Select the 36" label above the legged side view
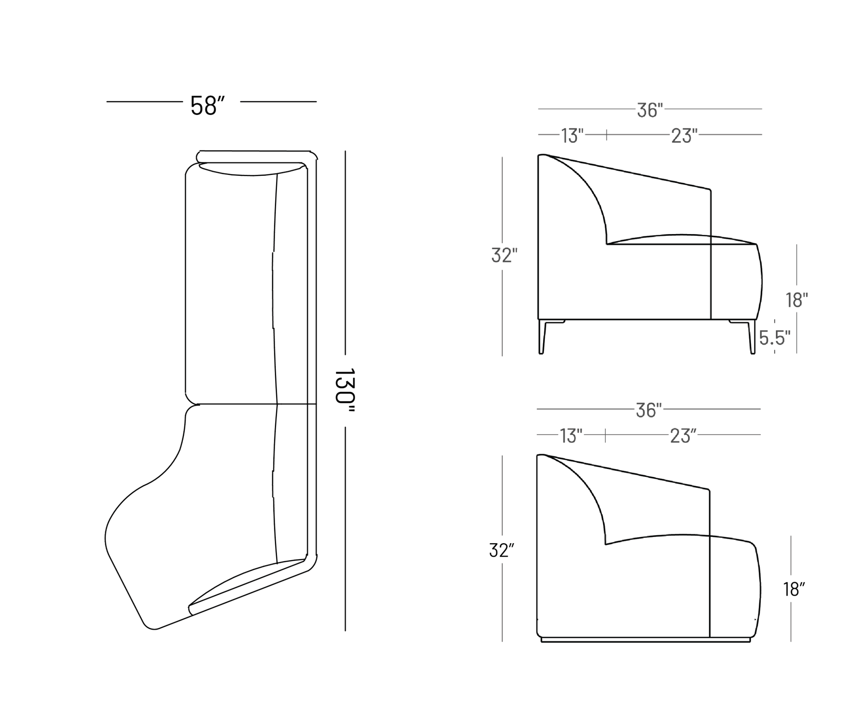(650, 110)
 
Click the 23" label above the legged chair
(684, 136)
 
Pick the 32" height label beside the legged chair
(504, 256)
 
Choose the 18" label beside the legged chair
(796, 300)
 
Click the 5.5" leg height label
(775, 338)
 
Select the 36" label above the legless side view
(648, 411)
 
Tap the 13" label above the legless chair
(571, 436)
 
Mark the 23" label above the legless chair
(683, 436)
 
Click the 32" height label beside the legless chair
(501, 551)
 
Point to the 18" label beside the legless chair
(794, 590)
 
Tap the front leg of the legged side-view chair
(751, 338)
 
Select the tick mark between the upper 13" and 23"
(607, 135)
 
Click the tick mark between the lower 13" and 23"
(605, 435)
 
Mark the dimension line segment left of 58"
(144, 102)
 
